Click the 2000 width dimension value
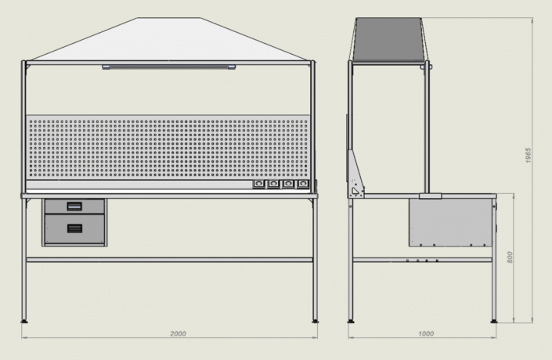click(x=178, y=333)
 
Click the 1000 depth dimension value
click(x=426, y=333)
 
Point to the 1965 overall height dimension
click(x=528, y=155)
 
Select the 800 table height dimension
click(x=510, y=257)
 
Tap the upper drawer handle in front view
click(x=74, y=207)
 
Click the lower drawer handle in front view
click(x=74, y=229)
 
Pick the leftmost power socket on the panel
click(x=258, y=184)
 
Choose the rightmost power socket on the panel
click(x=303, y=184)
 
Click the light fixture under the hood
click(x=169, y=67)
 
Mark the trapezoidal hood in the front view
click(x=169, y=39)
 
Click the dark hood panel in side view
click(x=388, y=39)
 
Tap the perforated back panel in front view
click(x=168, y=148)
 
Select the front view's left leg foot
click(x=24, y=321)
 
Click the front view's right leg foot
click(x=315, y=321)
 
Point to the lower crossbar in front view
click(x=169, y=260)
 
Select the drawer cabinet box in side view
click(x=452, y=221)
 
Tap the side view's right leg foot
click(x=494, y=321)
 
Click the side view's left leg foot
click(x=351, y=321)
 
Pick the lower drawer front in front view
click(x=74, y=229)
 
